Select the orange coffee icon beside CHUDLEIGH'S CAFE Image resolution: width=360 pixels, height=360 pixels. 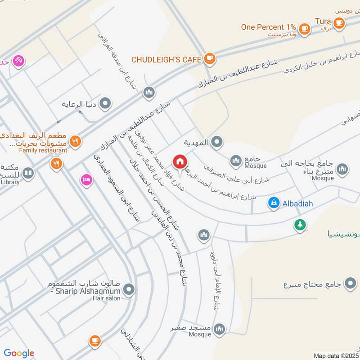[209, 58]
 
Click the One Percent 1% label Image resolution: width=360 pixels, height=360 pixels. [269, 27]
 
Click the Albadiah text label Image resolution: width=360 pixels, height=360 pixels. [297, 204]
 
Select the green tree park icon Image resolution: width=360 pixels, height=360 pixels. [300, 224]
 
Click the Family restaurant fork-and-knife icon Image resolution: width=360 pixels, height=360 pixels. [75, 140]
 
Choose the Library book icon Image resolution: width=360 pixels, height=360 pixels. [28, 173]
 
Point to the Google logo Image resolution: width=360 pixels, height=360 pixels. [18, 353]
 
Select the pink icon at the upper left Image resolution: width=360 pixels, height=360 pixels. [18, 60]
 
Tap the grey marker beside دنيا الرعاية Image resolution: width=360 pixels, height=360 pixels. [106, 104]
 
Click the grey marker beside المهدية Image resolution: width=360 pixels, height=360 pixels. [217, 143]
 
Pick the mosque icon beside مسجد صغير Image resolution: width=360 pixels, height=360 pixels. [219, 329]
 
